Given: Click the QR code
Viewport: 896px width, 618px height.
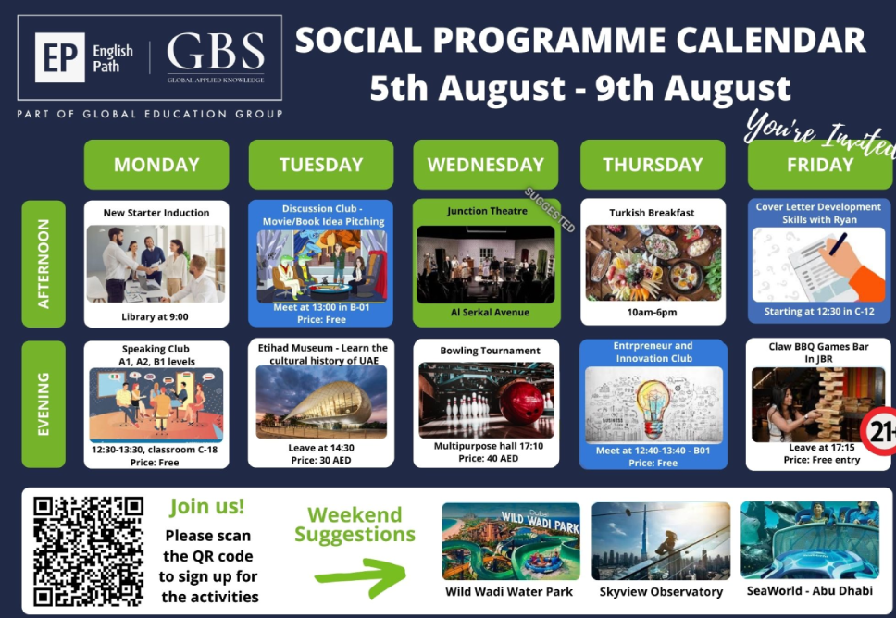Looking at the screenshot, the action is point(88,551).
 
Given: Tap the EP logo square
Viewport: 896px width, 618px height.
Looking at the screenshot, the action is point(60,57).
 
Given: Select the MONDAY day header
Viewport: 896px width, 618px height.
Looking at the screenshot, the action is point(156,165).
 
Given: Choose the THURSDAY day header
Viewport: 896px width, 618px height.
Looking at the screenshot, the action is point(653,165).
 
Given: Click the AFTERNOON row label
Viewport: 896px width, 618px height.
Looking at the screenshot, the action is point(44,264).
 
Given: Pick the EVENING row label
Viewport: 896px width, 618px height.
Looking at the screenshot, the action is point(44,404).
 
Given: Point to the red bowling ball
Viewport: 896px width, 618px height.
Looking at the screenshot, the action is point(521,401).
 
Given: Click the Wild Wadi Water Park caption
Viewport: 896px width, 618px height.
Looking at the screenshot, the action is point(509,592).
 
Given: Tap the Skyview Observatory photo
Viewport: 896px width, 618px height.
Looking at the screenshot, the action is point(661,541).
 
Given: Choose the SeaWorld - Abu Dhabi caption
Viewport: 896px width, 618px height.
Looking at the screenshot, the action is point(810,590).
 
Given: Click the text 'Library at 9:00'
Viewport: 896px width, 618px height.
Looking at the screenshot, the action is point(155,317).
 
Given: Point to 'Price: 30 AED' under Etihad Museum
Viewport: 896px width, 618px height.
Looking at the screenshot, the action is point(321,461).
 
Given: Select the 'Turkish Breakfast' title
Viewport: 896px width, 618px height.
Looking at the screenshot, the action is point(652,213).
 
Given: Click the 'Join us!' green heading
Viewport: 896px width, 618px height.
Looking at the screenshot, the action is point(206,507).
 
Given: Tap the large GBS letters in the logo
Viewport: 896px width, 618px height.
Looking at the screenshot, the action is point(216,52).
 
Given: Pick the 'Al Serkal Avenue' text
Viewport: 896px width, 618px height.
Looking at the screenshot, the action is point(490,313).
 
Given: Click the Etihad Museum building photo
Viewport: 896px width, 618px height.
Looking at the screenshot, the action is point(321,402).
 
